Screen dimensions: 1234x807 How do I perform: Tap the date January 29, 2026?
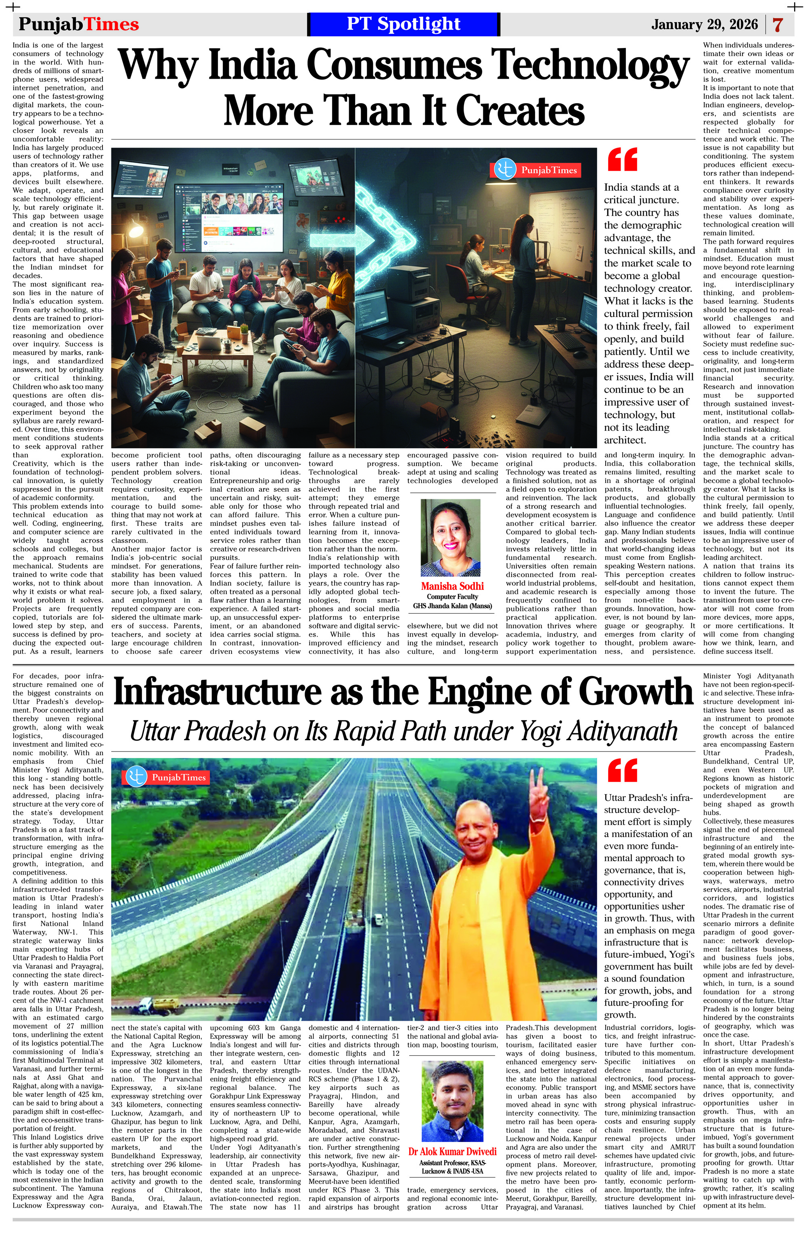pyautogui.click(x=705, y=24)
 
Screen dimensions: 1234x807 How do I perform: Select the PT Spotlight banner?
pyautogui.click(x=403, y=24)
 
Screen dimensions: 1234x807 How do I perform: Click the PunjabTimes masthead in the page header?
pyautogui.click(x=79, y=24)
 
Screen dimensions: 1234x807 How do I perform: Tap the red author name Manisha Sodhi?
pyautogui.click(x=452, y=586)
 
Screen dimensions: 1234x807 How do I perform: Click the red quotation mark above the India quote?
pyautogui.click(x=621, y=159)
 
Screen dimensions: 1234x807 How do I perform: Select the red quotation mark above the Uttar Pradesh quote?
pyautogui.click(x=621, y=769)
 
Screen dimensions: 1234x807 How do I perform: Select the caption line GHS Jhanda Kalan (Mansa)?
pyautogui.click(x=452, y=606)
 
